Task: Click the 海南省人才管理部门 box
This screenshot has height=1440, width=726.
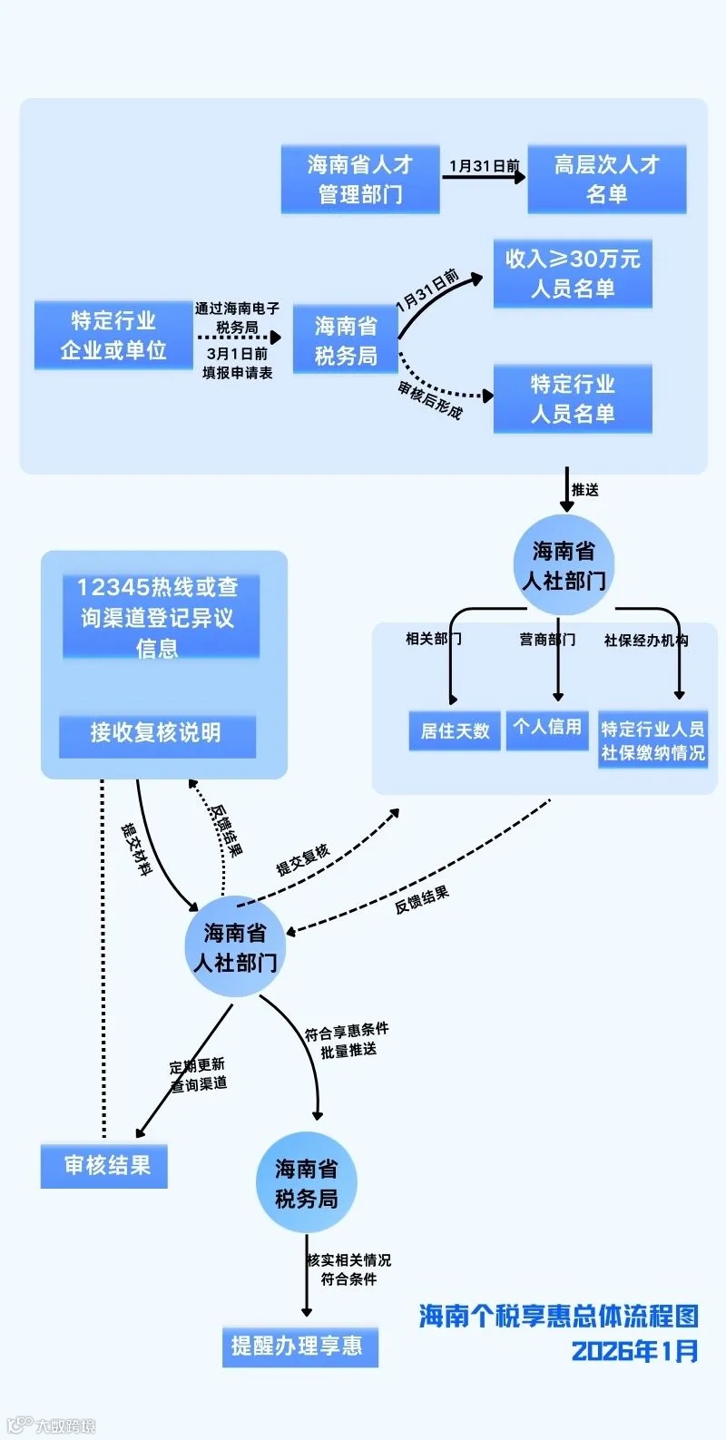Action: tap(360, 179)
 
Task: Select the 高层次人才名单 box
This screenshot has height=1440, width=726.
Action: tap(606, 179)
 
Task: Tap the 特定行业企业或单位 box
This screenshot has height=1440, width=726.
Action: tap(113, 336)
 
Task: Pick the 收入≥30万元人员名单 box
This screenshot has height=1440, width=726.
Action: tap(573, 273)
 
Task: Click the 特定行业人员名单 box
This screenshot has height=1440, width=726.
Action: tap(573, 399)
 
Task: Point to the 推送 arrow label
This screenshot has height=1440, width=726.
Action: tap(585, 490)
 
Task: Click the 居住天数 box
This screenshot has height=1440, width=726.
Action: tap(455, 730)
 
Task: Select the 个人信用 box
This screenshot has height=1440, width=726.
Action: tap(547, 727)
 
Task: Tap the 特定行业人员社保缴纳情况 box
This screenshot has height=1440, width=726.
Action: tap(652, 740)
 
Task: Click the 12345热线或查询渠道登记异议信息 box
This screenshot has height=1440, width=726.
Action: tap(161, 617)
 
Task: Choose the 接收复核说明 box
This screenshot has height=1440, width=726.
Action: tap(156, 733)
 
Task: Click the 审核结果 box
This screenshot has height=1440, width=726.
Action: tap(104, 1166)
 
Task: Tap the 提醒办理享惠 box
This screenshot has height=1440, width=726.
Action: tap(298, 1346)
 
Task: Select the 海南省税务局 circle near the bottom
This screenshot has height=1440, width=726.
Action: tap(306, 1183)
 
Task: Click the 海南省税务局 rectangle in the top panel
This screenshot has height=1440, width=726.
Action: tap(346, 340)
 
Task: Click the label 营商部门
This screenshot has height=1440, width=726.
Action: tap(547, 640)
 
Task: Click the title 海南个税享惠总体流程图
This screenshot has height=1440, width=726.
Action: tap(558, 1317)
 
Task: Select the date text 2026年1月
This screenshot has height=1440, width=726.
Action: tap(634, 1351)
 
